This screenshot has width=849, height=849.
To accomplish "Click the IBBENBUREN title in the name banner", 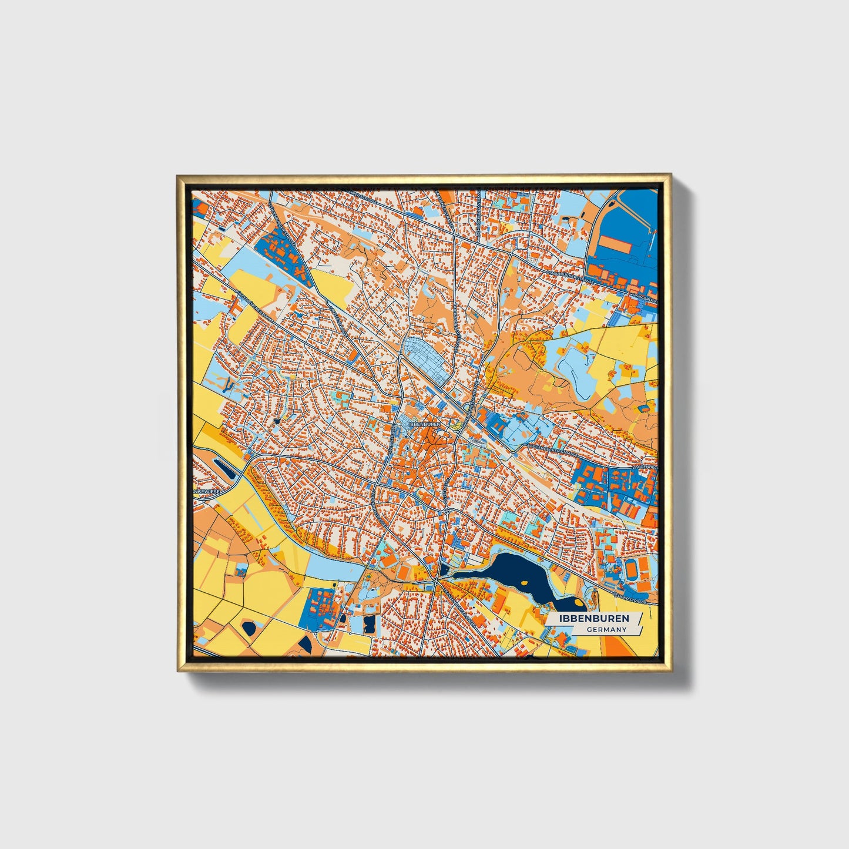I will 593,619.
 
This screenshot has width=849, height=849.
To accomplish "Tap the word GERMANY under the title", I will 606,629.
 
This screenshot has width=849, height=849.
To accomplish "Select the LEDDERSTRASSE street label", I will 630,600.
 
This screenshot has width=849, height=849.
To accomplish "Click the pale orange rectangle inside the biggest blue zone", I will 614,246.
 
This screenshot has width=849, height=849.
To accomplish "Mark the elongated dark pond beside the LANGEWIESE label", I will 225,468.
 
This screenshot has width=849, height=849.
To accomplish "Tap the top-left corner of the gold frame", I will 178,176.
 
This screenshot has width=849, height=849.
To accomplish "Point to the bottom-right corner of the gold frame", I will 670,670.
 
